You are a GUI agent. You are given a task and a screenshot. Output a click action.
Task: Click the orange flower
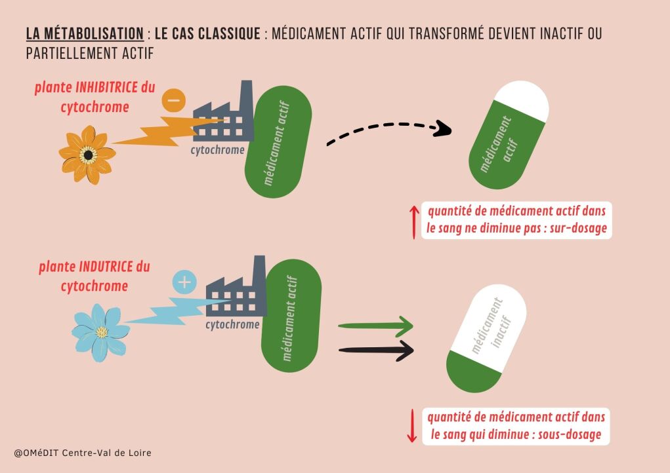tap(89, 155)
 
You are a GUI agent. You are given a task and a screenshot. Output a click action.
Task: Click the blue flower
tap(101, 331)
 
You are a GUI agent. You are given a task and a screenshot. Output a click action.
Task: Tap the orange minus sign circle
tap(173, 101)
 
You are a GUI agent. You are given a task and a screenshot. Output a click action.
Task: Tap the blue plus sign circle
tap(184, 282)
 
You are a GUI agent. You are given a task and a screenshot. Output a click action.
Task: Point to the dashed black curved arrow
tap(387, 128)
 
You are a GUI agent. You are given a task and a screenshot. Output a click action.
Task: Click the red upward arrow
tap(413, 221)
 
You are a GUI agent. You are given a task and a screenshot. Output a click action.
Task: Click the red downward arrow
tap(412, 426)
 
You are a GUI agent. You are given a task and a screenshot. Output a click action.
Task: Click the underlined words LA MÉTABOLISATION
tap(85, 34)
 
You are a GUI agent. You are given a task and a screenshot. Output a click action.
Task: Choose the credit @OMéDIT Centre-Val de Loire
tap(83, 453)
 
